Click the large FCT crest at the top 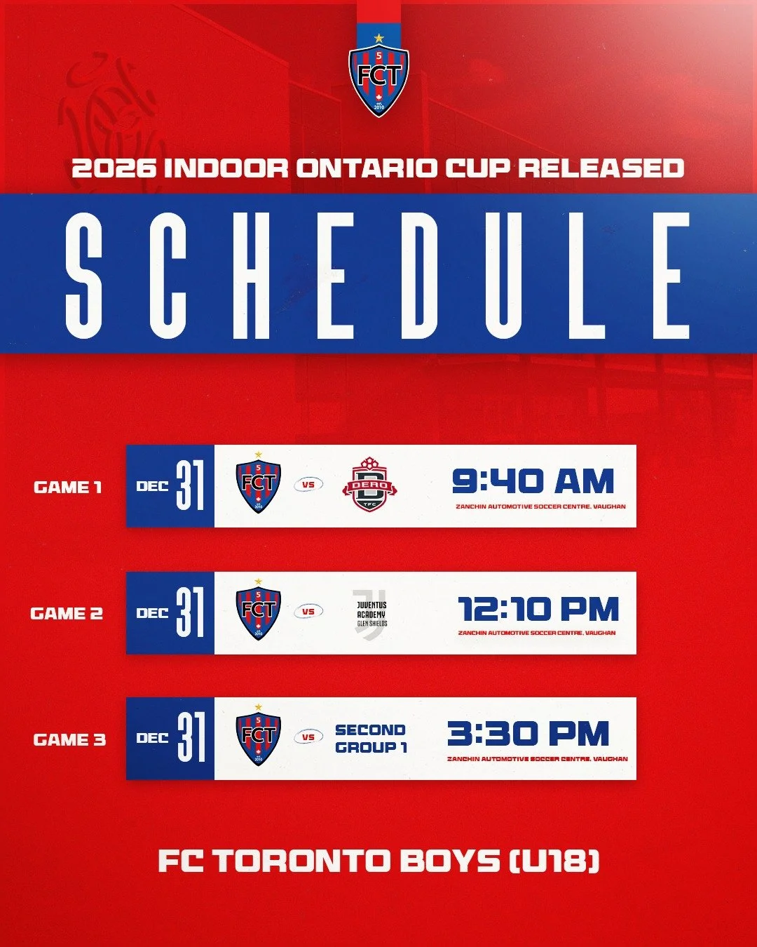[378, 77]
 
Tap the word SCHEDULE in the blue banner [378, 274]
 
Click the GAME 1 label [68, 487]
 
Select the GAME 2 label [67, 614]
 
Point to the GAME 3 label [69, 739]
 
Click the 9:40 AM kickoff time [533, 482]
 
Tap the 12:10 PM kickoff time [538, 609]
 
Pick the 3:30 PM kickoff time [528, 734]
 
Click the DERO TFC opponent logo [369, 485]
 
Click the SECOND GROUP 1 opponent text [371, 739]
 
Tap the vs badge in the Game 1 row [308, 484]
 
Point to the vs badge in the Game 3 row [308, 737]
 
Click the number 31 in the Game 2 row [190, 612]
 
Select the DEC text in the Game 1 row [152, 486]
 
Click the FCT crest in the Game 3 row [259, 737]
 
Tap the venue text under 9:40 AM [540, 506]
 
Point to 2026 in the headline [114, 168]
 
